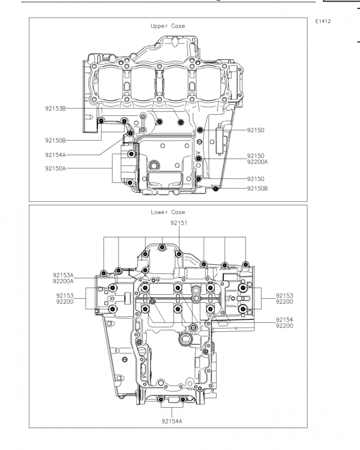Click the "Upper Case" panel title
[168, 26]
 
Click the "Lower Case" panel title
[168, 213]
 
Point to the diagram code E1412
[323, 21]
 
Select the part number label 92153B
[56, 109]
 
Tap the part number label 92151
[178, 223]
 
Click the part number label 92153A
[63, 275]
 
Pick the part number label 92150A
[56, 168]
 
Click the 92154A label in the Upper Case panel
[56, 155]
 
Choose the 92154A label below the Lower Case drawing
[172, 421]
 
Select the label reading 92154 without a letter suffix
[284, 319]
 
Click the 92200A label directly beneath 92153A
[63, 281]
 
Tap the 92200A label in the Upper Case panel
[257, 162]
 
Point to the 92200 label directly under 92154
[284, 326]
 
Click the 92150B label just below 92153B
[56, 141]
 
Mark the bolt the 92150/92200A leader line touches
[199, 159]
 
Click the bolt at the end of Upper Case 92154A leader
[130, 133]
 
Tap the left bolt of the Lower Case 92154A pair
[161, 399]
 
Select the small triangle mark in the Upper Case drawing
[199, 152]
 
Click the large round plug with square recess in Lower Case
[184, 339]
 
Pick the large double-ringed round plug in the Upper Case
[155, 165]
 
